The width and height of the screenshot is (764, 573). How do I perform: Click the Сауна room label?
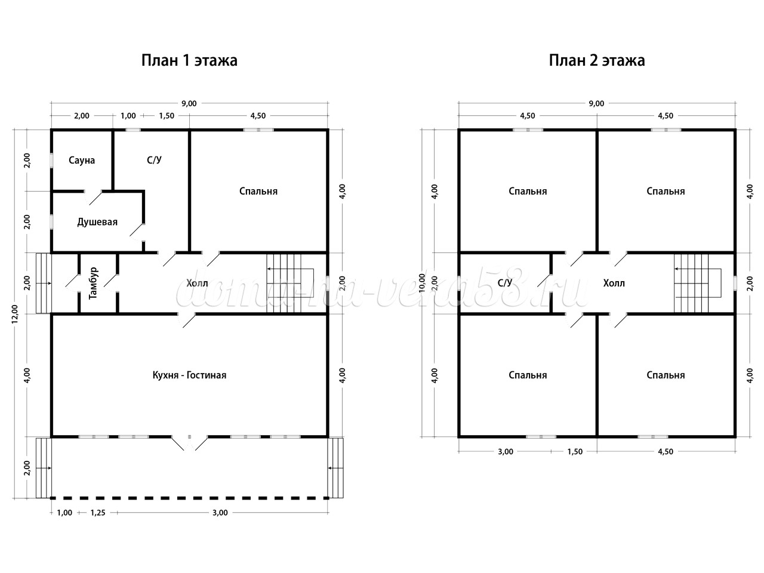click(82, 161)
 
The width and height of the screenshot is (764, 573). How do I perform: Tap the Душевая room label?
click(97, 222)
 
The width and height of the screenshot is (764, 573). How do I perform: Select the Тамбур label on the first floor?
click(93, 283)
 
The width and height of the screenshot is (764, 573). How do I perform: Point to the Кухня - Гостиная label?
click(189, 375)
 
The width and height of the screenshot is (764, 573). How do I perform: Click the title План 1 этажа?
click(189, 60)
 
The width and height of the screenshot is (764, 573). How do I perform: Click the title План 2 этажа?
click(597, 60)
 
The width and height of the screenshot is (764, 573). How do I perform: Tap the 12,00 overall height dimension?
click(14, 314)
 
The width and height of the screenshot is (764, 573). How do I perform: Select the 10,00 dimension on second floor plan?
click(422, 283)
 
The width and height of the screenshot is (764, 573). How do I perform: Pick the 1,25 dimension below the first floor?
click(98, 513)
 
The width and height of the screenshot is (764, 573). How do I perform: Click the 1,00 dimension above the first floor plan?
click(128, 116)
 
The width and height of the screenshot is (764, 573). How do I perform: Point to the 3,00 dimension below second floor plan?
click(506, 452)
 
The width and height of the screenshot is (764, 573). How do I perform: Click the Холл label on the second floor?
click(614, 283)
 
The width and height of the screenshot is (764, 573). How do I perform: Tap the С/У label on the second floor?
click(505, 283)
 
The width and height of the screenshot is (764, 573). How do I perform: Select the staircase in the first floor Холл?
click(291, 283)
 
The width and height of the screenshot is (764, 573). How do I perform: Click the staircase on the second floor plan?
click(698, 283)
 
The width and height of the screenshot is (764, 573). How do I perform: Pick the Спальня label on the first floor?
click(258, 192)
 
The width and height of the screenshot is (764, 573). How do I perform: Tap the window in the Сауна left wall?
click(51, 161)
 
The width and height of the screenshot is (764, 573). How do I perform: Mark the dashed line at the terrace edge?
click(189, 498)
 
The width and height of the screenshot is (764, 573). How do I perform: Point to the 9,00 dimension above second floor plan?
click(597, 104)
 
